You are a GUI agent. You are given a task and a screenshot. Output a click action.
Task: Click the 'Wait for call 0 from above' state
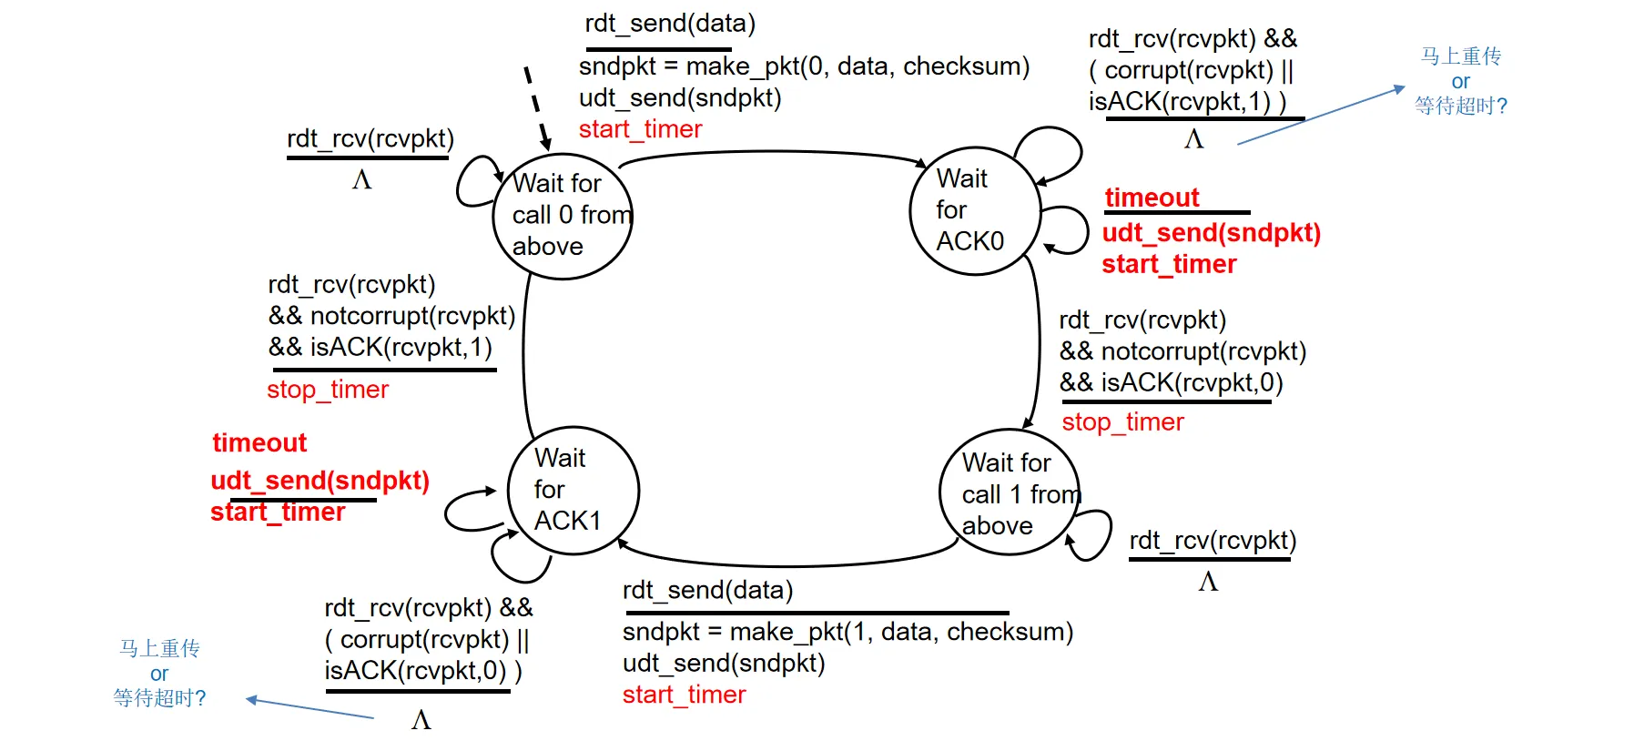563,215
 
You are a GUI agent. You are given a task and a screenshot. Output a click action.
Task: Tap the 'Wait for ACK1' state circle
573,490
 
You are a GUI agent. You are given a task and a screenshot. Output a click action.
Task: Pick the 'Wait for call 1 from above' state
1010,492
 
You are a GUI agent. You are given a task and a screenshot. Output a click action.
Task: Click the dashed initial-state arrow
537,107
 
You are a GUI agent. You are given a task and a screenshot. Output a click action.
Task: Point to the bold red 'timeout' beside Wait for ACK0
1152,198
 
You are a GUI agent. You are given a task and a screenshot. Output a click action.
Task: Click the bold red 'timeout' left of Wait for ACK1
259,442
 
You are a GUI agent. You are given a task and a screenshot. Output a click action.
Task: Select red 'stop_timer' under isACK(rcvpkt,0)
1122,422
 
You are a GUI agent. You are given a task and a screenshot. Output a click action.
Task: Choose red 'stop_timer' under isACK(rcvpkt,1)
328,390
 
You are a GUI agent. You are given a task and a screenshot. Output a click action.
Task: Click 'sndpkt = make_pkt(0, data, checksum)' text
804,66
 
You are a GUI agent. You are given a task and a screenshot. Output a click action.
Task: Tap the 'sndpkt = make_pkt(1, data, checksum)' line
847,632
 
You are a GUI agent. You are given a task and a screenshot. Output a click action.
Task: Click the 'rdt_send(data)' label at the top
670,24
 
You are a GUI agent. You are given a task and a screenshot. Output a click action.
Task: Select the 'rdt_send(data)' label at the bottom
707,591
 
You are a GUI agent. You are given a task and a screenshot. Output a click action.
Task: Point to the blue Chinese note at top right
1460,81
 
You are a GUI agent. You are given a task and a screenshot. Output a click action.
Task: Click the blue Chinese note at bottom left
159,674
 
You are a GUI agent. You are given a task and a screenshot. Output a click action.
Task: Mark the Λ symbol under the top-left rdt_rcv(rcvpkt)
361,180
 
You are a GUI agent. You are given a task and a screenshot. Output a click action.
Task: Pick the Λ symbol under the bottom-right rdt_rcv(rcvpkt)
1208,582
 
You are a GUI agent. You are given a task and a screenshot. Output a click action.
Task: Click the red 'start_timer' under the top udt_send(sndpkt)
640,129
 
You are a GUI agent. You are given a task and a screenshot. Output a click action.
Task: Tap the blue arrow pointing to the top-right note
1320,116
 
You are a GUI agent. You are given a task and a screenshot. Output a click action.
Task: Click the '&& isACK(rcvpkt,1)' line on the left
380,348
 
